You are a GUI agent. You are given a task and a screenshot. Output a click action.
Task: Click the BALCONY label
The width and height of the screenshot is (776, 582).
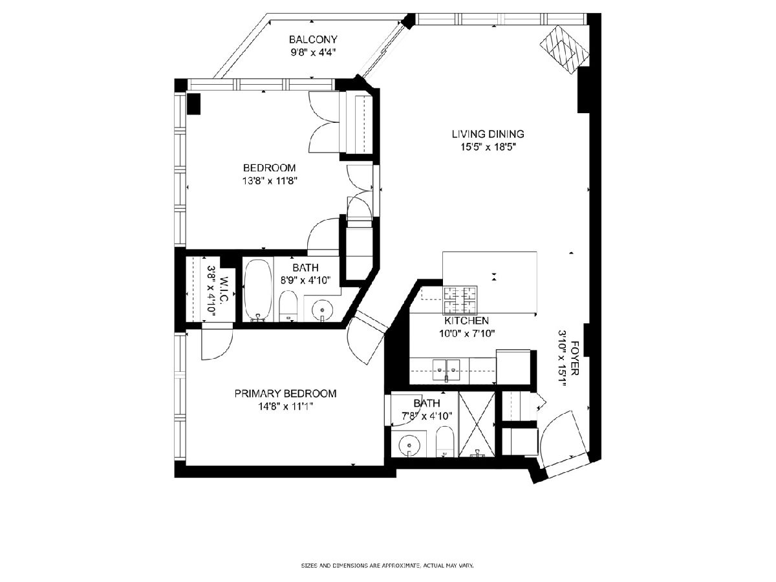click(x=313, y=39)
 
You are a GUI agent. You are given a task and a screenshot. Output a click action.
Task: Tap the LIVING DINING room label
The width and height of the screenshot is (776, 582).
click(x=488, y=134)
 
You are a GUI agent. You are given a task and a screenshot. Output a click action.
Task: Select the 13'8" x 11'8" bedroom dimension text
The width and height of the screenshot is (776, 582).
click(x=270, y=181)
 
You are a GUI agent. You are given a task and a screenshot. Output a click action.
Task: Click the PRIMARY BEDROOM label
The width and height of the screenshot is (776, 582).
click(x=285, y=393)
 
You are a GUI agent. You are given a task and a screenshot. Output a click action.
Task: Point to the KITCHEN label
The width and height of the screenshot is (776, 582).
click(x=466, y=321)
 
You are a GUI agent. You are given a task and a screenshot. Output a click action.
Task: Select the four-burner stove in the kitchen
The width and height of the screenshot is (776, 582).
click(x=460, y=300)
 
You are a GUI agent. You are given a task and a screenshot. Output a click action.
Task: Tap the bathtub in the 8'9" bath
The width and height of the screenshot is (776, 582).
click(x=258, y=290)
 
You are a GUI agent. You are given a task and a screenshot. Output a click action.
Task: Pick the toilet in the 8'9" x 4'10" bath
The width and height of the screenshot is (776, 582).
click(x=288, y=306)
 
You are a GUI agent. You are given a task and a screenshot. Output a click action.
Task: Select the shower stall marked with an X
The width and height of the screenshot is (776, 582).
click(x=477, y=424)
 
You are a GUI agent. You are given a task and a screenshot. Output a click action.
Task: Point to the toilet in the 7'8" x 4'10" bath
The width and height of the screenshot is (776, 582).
click(x=445, y=442)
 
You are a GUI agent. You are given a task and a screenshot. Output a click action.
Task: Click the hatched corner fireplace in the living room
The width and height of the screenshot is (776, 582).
click(x=565, y=50)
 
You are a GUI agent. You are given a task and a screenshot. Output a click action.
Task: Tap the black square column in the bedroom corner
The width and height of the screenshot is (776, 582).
click(x=193, y=103)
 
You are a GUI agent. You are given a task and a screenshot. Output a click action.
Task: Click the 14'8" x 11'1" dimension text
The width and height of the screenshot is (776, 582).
click(x=285, y=407)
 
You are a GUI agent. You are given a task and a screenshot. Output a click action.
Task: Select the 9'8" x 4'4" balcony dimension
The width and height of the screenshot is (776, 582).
click(x=313, y=52)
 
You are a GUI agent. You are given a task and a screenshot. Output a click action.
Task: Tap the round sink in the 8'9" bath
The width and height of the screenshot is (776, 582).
click(x=322, y=310)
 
